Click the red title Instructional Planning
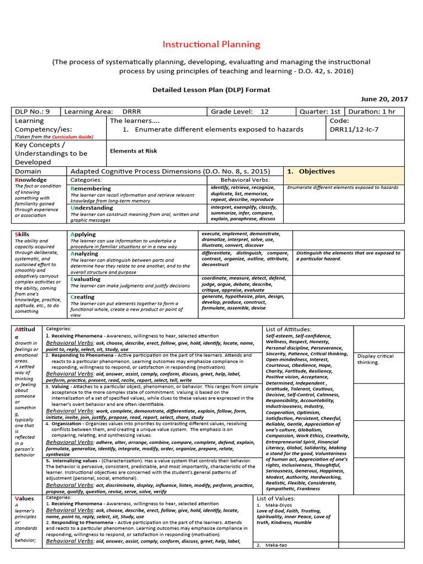click(211, 45)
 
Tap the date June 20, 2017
click(384, 99)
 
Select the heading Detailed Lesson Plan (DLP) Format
click(211, 89)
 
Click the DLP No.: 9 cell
click(34, 111)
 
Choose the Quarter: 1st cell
click(319, 111)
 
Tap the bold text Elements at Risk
click(133, 150)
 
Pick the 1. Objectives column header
click(311, 171)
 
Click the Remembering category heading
click(91, 188)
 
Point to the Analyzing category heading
click(85, 254)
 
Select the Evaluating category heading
click(86, 279)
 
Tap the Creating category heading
click(83, 297)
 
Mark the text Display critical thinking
click(376, 359)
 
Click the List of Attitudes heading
click(288, 329)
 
